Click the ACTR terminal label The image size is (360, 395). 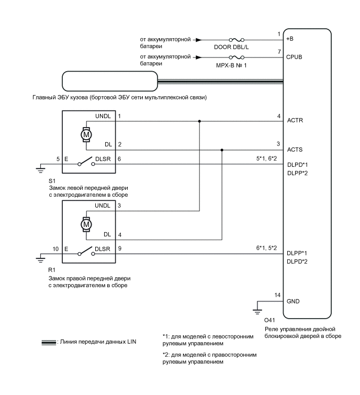point(295,120)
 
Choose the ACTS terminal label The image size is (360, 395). point(295,150)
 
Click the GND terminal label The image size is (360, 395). point(294,302)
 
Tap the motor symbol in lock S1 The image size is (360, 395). point(86,134)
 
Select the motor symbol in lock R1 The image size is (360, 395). point(86,224)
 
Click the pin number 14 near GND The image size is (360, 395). point(278,296)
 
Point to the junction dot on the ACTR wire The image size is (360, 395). point(199,121)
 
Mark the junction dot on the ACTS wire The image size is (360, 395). point(222,150)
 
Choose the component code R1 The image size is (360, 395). point(51,269)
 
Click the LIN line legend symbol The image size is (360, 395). point(48,343)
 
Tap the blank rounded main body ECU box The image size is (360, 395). point(109,81)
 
